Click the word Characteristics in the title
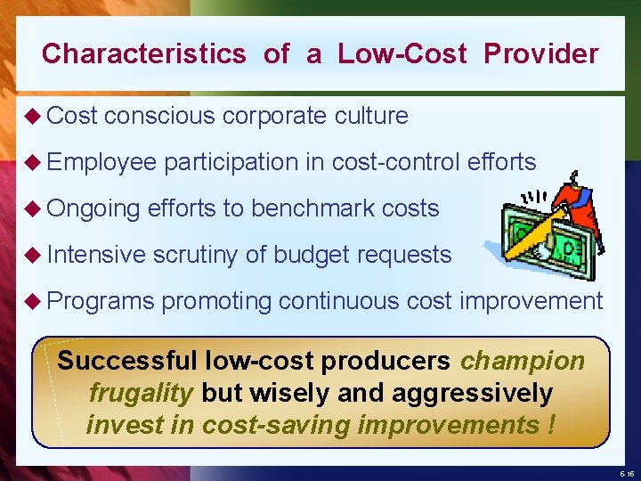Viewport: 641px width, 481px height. (143, 53)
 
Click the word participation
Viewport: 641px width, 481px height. (231, 162)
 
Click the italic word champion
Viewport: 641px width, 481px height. (523, 361)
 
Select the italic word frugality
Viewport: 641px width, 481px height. (142, 393)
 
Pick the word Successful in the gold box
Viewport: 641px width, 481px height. (127, 361)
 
